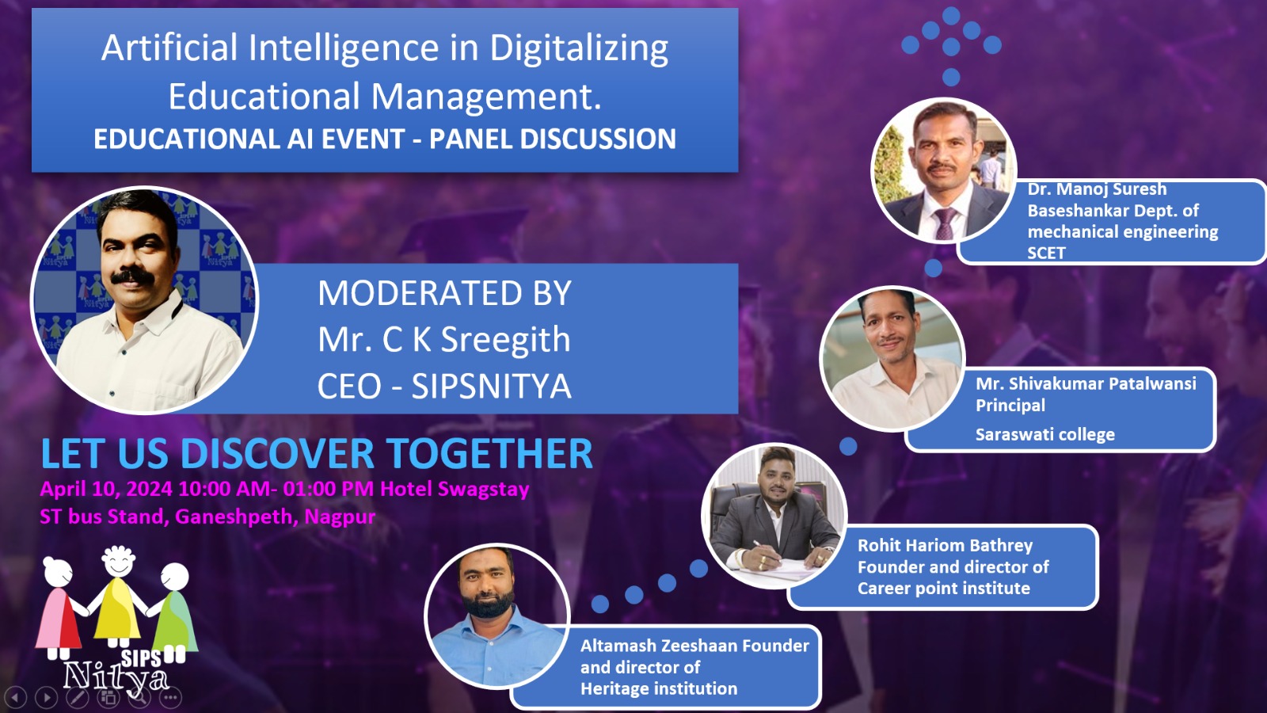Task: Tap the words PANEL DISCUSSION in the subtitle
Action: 553,139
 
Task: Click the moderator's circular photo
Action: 145,300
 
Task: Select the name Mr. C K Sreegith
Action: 444,340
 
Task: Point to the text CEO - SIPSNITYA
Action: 444,387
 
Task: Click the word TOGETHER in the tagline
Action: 490,454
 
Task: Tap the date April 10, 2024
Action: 106,489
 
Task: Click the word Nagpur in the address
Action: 340,517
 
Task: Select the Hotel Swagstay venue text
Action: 455,489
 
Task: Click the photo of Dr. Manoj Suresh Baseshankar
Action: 943,170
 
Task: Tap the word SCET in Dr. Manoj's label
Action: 1046,253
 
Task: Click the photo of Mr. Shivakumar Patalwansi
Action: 892,359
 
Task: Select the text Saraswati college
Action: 1045,435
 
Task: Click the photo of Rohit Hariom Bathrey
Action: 774,516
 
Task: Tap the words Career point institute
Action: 943,589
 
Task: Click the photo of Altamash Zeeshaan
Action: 497,616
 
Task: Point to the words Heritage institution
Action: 659,688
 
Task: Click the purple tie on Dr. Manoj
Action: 945,223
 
